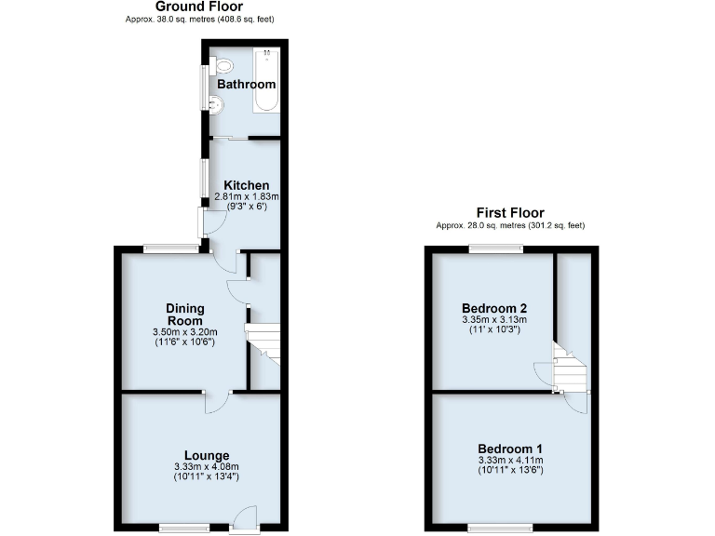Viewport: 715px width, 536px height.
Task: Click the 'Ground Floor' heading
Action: coord(199,7)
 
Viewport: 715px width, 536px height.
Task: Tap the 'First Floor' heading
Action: coord(509,213)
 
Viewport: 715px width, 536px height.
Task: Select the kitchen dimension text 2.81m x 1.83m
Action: coord(247,196)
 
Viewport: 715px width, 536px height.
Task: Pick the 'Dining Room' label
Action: coord(184,315)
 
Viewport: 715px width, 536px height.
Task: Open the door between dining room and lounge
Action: coord(215,401)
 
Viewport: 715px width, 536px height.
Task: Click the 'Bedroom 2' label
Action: coord(493,308)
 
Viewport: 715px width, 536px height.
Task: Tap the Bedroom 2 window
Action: coord(495,248)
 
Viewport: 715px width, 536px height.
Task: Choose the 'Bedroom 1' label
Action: coord(509,448)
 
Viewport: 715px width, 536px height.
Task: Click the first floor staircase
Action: coord(570,370)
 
